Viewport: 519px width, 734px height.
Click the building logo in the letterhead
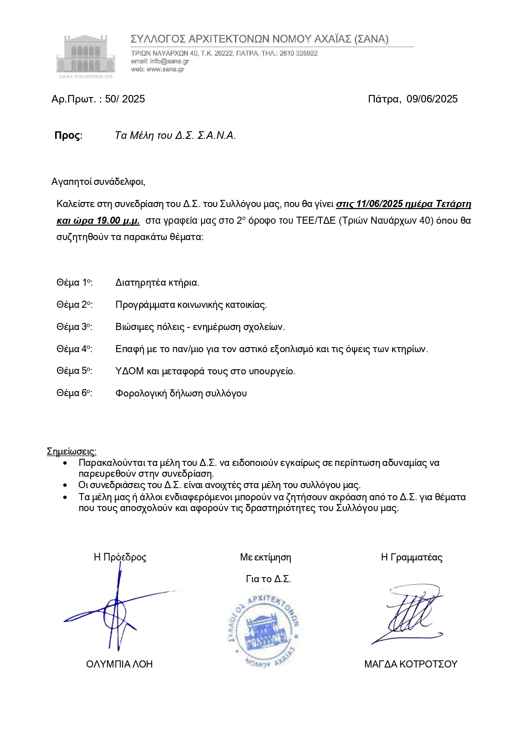pyautogui.click(x=85, y=55)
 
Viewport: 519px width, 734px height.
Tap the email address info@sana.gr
pyautogui.click(x=170, y=61)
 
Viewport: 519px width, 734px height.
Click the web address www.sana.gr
pyautogui.click(x=165, y=69)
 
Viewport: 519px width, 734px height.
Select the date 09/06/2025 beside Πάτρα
pyautogui.click(x=432, y=99)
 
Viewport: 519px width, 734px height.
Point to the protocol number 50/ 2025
pyautogui.click(x=125, y=99)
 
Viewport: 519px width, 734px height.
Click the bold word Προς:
pyautogui.click(x=69, y=136)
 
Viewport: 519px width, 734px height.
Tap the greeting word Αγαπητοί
pyautogui.click(x=72, y=182)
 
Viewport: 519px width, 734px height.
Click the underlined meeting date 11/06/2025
pyautogui.click(x=379, y=204)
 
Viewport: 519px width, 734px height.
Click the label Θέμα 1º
pyautogui.click(x=74, y=283)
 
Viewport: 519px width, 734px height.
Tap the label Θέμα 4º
pyautogui.click(x=74, y=349)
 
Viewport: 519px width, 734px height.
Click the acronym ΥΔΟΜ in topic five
pyautogui.click(x=129, y=371)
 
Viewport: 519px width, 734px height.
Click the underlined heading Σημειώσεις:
pyautogui.click(x=72, y=452)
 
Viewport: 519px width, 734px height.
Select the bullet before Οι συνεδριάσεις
pyautogui.click(x=65, y=486)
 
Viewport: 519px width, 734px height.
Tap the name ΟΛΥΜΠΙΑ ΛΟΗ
pyautogui.click(x=119, y=664)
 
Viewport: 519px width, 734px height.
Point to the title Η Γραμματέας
pyautogui.click(x=412, y=558)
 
